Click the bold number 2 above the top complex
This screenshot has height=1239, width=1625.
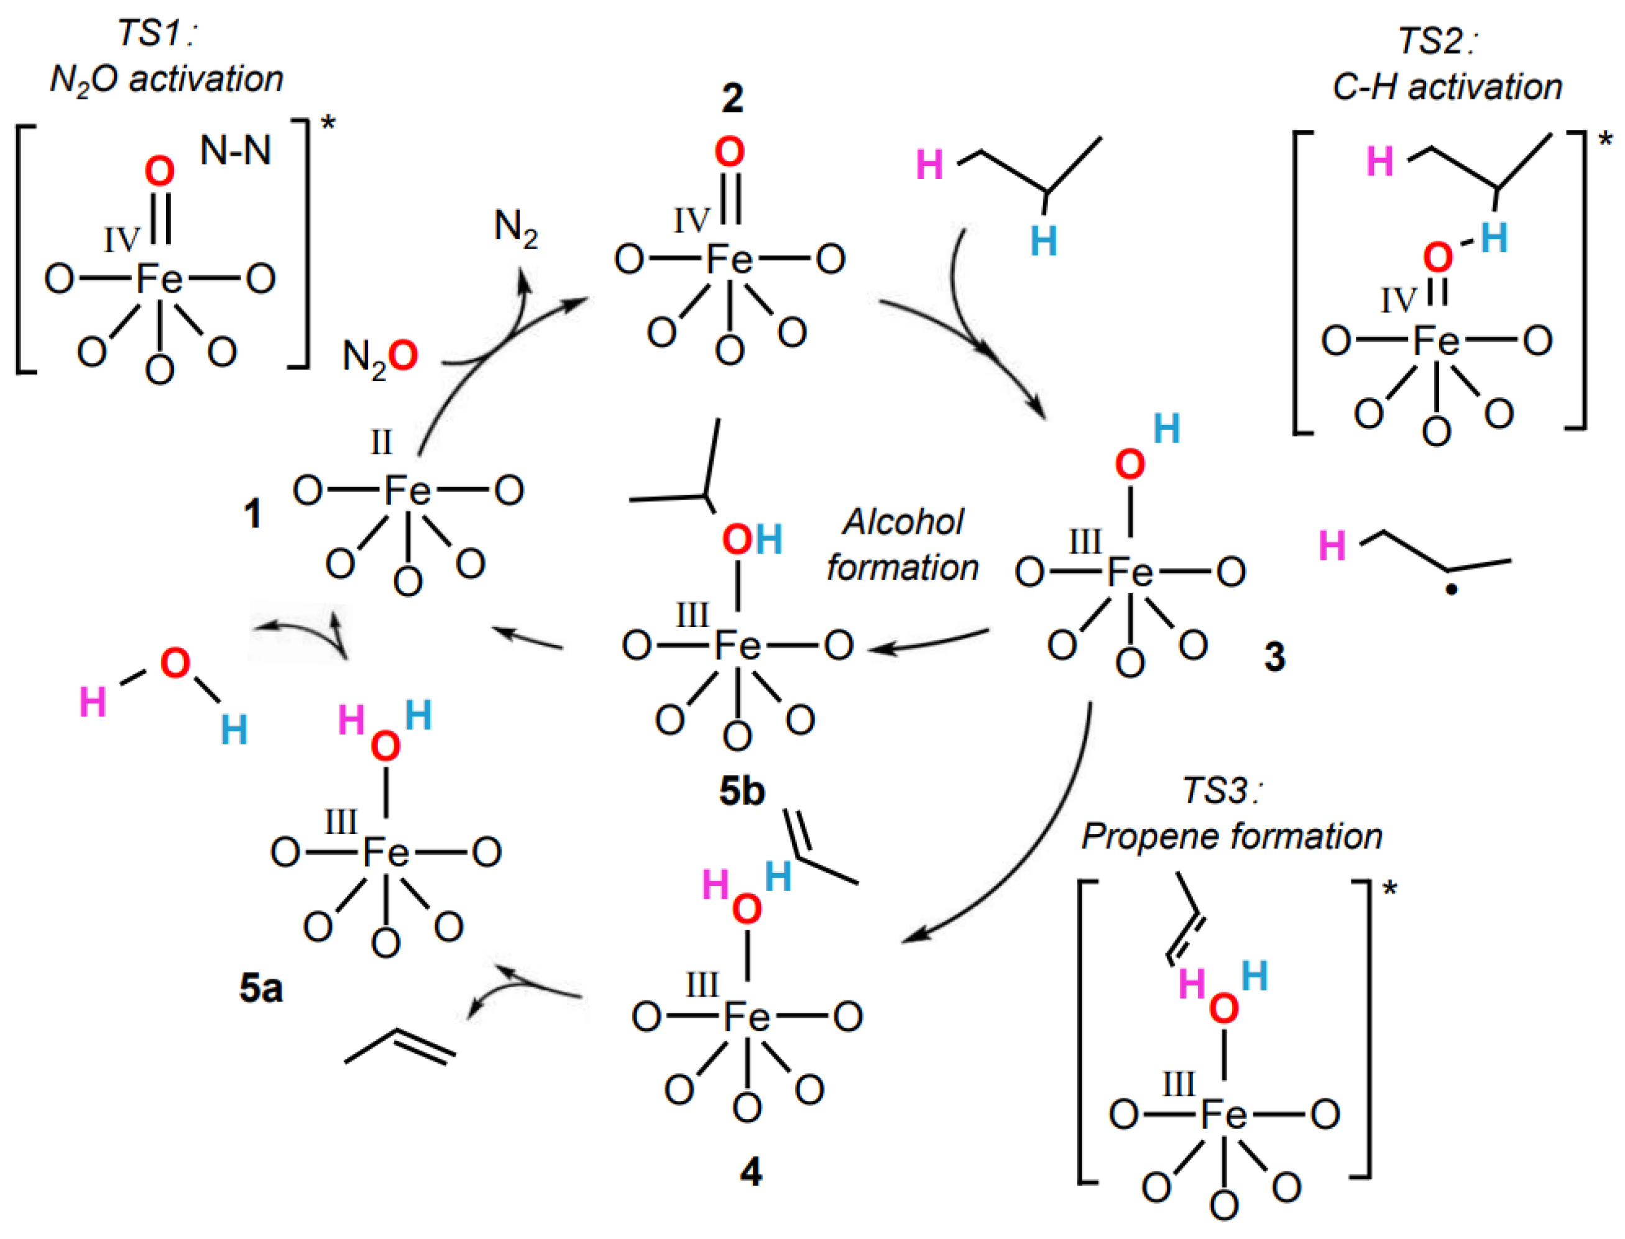(x=731, y=98)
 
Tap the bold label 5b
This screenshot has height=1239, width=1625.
(x=741, y=792)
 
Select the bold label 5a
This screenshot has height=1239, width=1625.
(x=261, y=988)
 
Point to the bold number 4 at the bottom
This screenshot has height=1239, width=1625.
(x=750, y=1172)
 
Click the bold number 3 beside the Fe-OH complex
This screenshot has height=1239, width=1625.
(x=1274, y=656)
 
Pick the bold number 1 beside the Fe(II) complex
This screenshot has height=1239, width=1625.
(x=253, y=513)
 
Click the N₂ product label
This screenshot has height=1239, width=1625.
(x=515, y=228)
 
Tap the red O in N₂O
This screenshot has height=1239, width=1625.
(x=403, y=356)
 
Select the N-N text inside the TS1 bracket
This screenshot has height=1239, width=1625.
(x=236, y=151)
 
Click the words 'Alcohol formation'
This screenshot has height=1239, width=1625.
(x=902, y=545)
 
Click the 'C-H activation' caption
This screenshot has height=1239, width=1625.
(x=1447, y=87)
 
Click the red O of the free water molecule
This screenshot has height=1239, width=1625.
(x=175, y=664)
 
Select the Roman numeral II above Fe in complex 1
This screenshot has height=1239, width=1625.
(x=380, y=442)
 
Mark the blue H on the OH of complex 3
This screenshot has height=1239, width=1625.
(x=1166, y=429)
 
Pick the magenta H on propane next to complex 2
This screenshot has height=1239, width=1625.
(x=929, y=165)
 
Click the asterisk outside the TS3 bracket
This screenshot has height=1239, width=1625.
(x=1389, y=889)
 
